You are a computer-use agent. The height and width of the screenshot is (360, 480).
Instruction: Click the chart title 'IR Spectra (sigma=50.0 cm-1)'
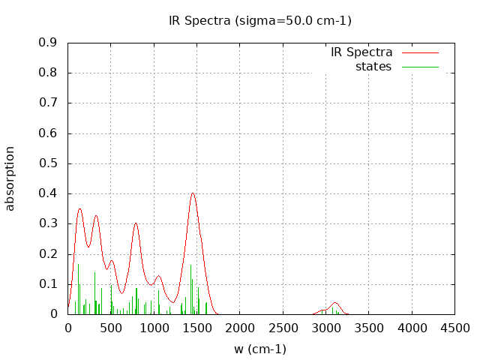pyautogui.click(x=260, y=20)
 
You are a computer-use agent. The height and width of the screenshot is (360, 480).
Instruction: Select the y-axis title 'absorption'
pyautogui.click(x=10, y=178)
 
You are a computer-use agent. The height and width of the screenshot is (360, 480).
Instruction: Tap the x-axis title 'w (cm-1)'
pyautogui.click(x=260, y=349)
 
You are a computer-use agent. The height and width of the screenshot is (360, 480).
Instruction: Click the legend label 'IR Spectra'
pyautogui.click(x=361, y=52)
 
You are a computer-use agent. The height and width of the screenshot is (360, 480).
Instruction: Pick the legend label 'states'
pyautogui.click(x=373, y=67)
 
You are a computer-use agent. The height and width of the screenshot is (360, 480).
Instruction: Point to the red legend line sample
pyautogui.click(x=420, y=52)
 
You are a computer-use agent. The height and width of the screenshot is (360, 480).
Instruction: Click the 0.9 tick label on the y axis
pyautogui.click(x=48, y=43)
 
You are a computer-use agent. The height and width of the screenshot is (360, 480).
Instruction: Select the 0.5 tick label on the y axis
pyautogui.click(x=48, y=163)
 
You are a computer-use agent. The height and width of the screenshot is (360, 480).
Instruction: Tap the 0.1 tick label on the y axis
pyautogui.click(x=48, y=284)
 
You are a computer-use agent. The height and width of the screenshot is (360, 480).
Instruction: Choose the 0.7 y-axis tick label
pyautogui.click(x=48, y=103)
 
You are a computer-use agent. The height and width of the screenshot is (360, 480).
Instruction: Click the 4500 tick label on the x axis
pyautogui.click(x=454, y=328)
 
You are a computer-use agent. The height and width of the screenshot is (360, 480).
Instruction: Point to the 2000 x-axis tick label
pyautogui.click(x=239, y=328)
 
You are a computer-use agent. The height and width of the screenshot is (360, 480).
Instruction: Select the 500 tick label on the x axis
pyautogui.click(x=111, y=328)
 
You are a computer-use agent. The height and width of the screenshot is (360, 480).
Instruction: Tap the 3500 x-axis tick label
pyautogui.click(x=368, y=328)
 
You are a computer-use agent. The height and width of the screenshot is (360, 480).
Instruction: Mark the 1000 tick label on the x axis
pyautogui.click(x=154, y=328)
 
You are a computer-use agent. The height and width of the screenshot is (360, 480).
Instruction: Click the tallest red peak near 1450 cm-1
pyautogui.click(x=193, y=193)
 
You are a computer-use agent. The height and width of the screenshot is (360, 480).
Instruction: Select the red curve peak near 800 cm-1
pyautogui.click(x=136, y=223)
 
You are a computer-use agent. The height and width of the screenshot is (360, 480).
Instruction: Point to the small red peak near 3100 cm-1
pyautogui.click(x=335, y=302)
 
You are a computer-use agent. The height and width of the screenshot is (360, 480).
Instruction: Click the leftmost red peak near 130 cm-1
pyautogui.click(x=79, y=208)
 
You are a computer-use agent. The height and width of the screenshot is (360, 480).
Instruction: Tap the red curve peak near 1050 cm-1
pyautogui.click(x=158, y=276)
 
